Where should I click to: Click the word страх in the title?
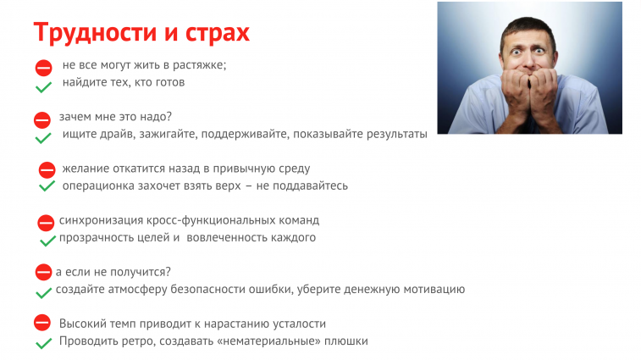(218, 33)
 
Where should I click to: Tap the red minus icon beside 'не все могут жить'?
(44, 68)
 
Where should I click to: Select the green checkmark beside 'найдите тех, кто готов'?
(43, 86)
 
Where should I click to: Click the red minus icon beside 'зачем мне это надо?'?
(42, 120)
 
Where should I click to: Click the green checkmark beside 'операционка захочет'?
(47, 186)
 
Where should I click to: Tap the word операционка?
(98, 186)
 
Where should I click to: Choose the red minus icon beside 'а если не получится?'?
(43, 272)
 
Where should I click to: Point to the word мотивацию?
(434, 289)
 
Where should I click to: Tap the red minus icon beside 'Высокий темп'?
(42, 323)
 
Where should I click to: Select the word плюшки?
(346, 341)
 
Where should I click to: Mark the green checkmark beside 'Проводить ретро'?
(43, 343)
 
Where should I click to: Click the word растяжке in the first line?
(200, 65)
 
